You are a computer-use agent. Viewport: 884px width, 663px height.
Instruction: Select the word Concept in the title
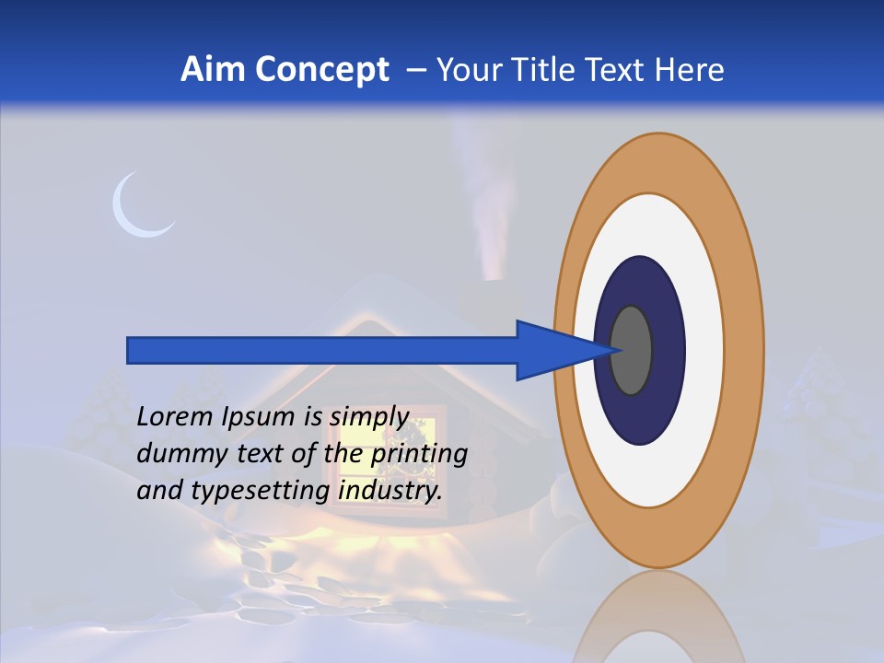[322, 71]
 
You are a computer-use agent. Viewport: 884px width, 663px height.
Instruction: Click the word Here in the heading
[691, 70]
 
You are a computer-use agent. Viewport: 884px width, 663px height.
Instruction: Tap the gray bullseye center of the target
[633, 350]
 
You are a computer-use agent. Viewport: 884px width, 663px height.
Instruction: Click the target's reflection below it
[659, 617]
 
